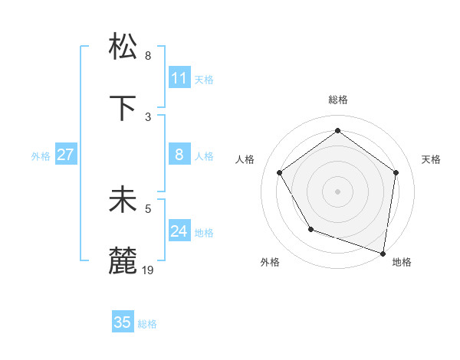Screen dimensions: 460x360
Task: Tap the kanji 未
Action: (x=124, y=200)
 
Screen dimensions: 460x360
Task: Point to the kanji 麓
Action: (x=124, y=261)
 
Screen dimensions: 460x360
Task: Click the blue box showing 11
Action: (x=179, y=77)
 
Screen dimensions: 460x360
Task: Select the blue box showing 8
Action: (x=179, y=155)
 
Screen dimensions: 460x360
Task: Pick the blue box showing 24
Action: (x=179, y=231)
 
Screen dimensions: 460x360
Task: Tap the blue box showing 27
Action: (x=65, y=155)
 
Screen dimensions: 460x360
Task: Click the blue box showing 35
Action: (x=123, y=322)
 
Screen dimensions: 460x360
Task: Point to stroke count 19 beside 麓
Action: (x=148, y=270)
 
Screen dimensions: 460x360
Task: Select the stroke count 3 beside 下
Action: (x=148, y=116)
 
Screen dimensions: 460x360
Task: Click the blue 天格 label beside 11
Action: (x=204, y=79)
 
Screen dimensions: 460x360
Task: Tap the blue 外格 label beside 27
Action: (x=41, y=155)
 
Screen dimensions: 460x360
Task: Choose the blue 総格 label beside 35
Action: (x=147, y=324)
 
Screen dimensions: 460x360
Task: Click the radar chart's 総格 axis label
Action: (x=337, y=100)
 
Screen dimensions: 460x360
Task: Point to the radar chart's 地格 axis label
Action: (x=402, y=263)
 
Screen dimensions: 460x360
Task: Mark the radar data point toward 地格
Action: (x=383, y=252)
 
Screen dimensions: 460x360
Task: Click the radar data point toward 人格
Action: (x=279, y=173)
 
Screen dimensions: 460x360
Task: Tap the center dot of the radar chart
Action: (x=337, y=191)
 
